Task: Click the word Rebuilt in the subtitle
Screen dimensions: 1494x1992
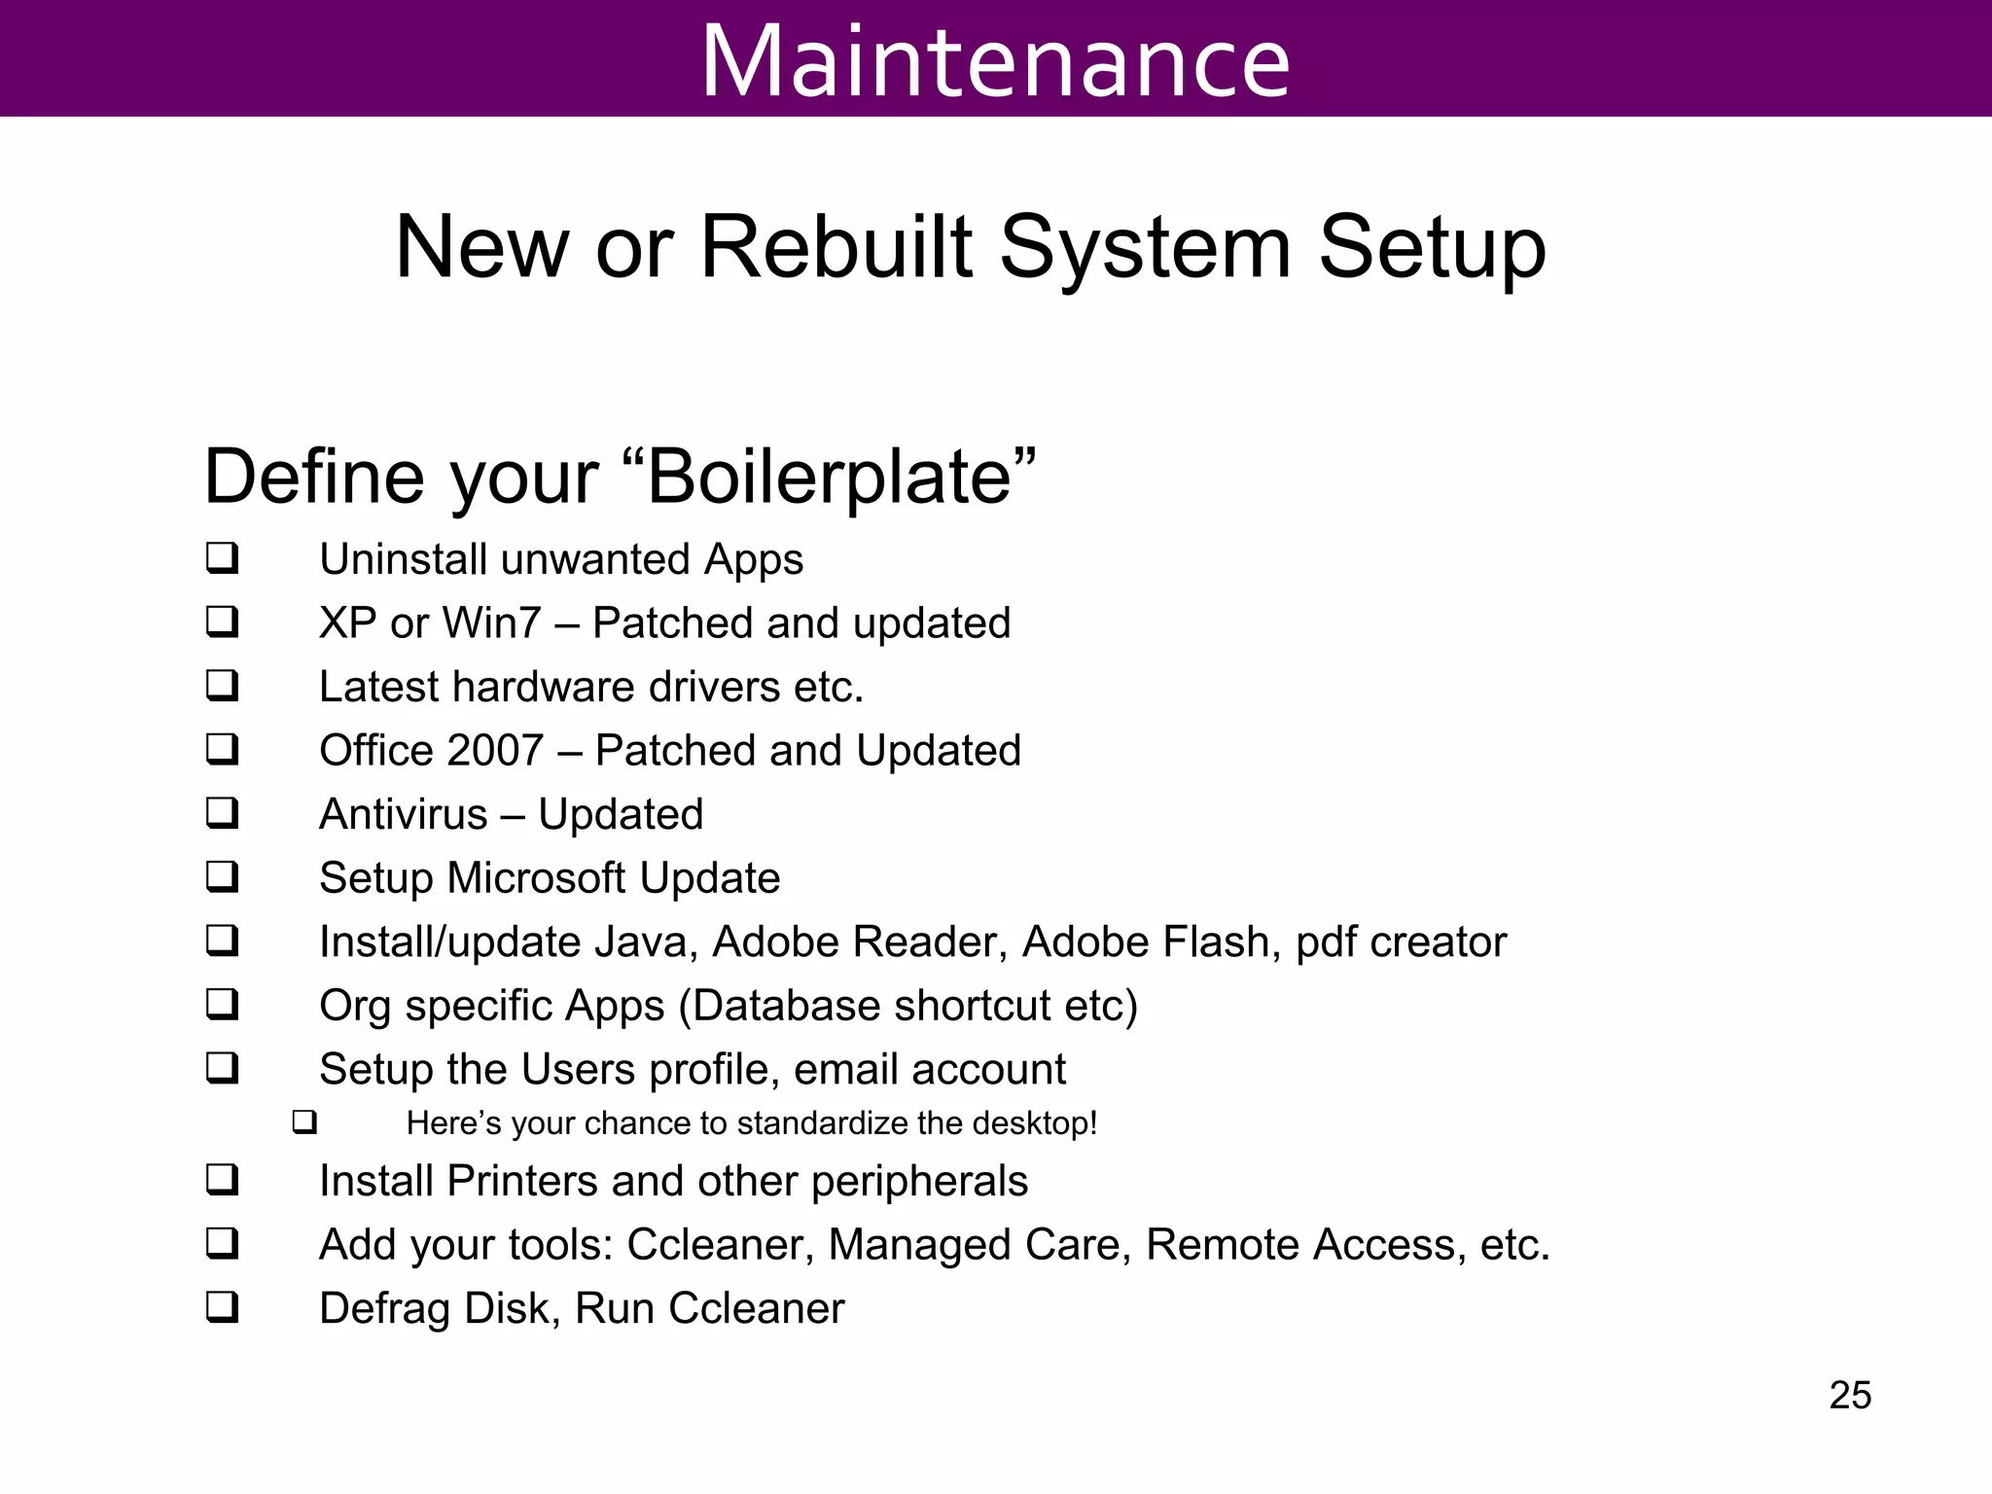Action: pyautogui.click(x=836, y=247)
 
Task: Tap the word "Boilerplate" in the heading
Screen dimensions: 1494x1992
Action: pyautogui.click(x=830, y=477)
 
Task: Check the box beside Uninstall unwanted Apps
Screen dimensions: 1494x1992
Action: pyautogui.click(x=222, y=558)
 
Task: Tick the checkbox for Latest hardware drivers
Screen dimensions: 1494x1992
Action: pyautogui.click(x=222, y=686)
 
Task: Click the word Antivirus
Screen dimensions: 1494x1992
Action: pyautogui.click(x=403, y=814)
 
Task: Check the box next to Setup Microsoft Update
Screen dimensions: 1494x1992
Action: pyautogui.click(x=222, y=876)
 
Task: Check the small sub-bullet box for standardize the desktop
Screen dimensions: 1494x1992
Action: pyautogui.click(x=304, y=1123)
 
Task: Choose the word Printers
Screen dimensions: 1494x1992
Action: pyautogui.click(x=522, y=1181)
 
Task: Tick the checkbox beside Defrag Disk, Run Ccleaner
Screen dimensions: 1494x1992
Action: pyautogui.click(x=222, y=1307)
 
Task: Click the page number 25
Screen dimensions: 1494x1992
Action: pyautogui.click(x=1849, y=1396)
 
